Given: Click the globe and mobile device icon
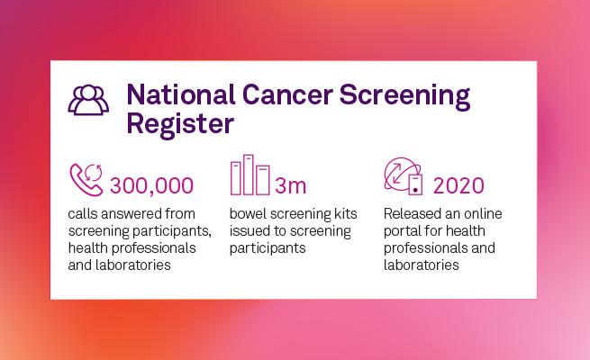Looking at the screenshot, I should pyautogui.click(x=403, y=176).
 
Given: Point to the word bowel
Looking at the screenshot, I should pyautogui.click(x=248, y=215).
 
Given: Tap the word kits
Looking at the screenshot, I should pyautogui.click(x=342, y=215).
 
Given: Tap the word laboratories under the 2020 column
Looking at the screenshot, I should pyautogui.click(x=422, y=265).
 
